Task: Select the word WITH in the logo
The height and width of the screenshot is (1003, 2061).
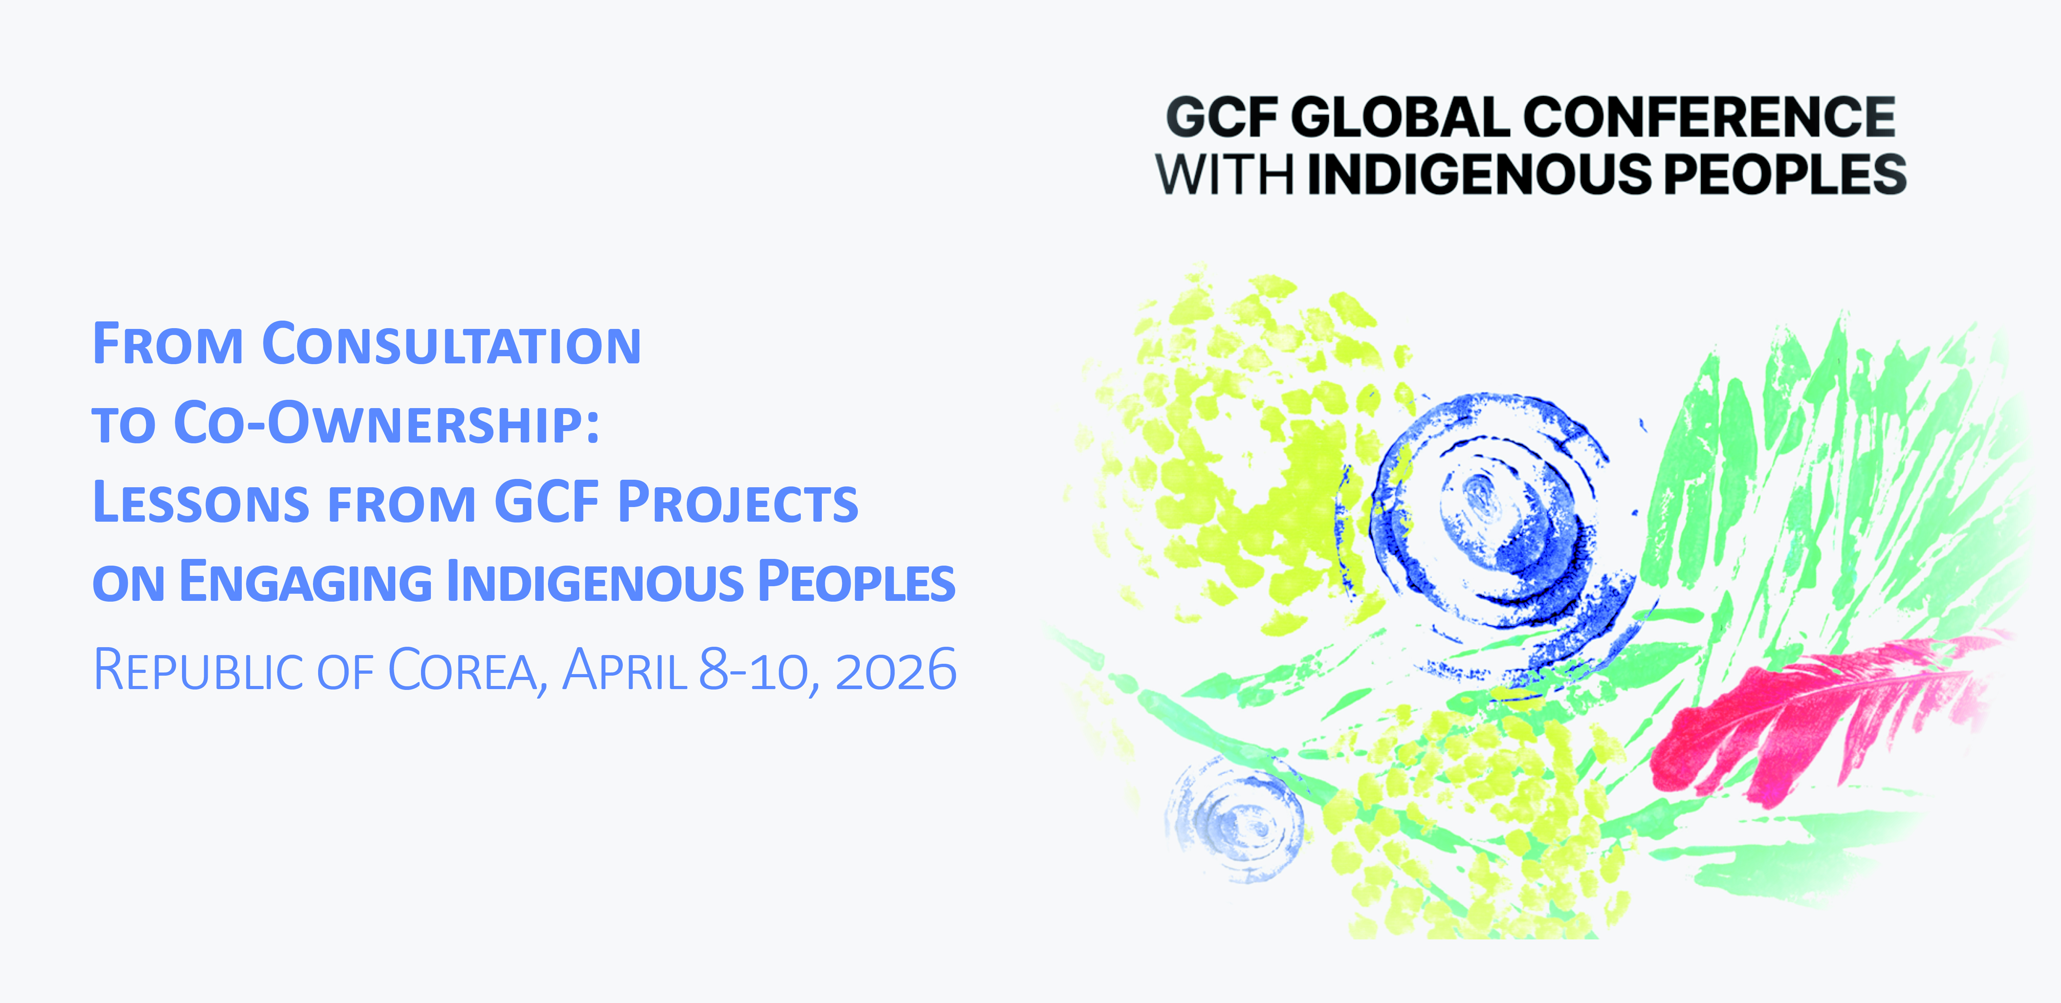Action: coord(1224,175)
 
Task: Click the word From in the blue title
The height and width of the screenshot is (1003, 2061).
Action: coord(168,344)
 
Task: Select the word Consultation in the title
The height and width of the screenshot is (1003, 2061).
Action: coord(452,344)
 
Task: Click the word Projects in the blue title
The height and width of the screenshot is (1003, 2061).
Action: coord(738,503)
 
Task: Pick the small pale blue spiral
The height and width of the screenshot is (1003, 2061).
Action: coord(1236,821)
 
